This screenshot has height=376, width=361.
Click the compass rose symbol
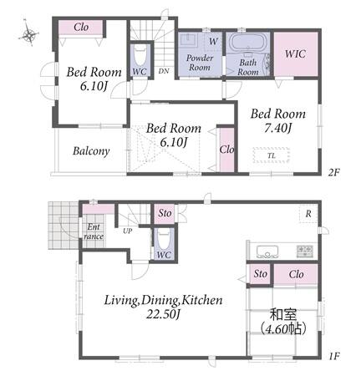28,35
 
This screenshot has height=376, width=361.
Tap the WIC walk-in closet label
295,53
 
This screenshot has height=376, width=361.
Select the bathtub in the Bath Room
247,43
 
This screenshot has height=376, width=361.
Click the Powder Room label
200,63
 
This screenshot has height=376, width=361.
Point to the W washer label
213,42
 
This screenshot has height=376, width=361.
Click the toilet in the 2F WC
140,56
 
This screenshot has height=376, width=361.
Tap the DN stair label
164,71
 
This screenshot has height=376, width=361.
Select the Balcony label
91,151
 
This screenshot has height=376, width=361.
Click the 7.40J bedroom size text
277,128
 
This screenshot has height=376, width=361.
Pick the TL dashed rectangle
272,155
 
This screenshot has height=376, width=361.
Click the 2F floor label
334,173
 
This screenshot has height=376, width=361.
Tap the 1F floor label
333,356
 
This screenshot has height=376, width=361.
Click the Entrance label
94,231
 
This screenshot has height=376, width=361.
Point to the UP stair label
128,231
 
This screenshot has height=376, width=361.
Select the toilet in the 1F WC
164,240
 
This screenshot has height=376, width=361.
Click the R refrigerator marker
308,214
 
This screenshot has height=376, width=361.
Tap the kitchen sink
267,252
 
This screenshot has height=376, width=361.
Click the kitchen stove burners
305,252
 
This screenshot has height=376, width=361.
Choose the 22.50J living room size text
163,314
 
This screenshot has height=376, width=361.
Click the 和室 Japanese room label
283,314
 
